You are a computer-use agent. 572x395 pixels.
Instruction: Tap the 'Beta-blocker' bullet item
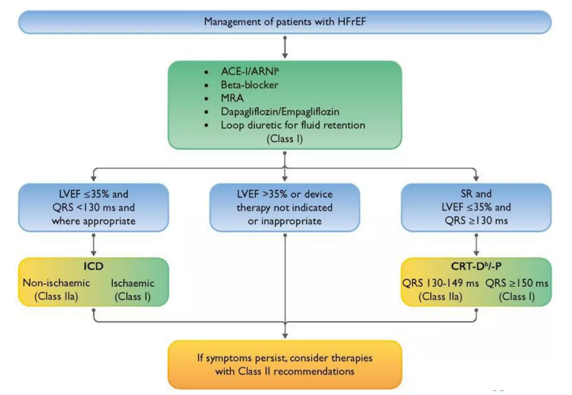click(250, 85)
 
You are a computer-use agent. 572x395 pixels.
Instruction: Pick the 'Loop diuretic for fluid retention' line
click(293, 125)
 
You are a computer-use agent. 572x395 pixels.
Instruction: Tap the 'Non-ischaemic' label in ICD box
click(56, 283)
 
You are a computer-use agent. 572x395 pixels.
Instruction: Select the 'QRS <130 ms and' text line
click(94, 207)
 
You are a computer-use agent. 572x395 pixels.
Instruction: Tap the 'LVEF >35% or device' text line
click(285, 194)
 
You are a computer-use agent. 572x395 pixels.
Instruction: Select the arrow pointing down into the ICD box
click(94, 244)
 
